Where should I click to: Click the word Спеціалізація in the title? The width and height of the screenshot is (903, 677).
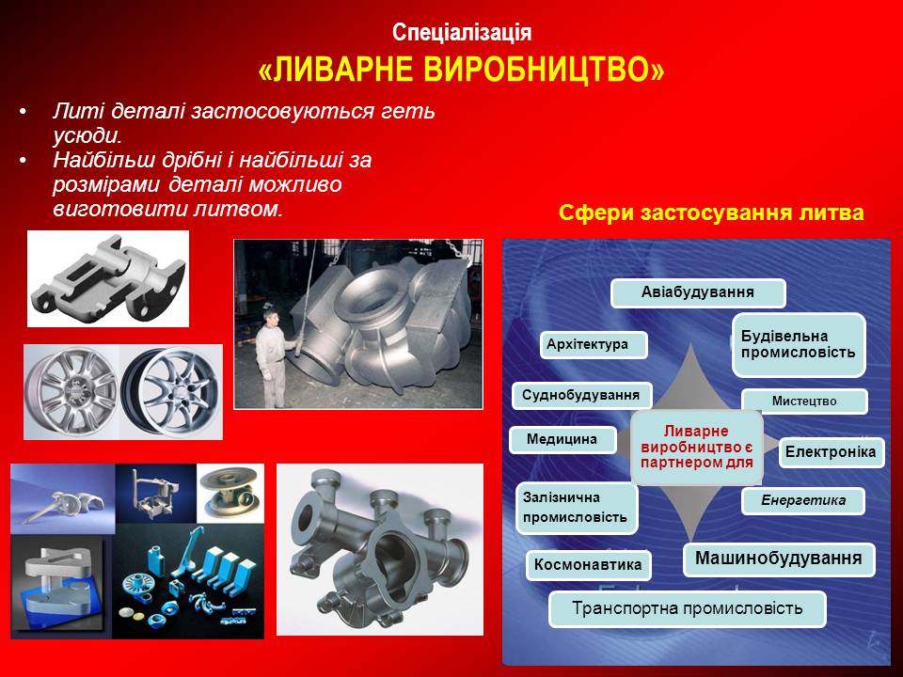click(461, 32)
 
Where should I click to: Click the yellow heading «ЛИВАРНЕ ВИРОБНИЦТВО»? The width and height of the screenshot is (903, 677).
click(461, 70)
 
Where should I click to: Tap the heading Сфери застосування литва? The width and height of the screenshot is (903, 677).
click(711, 213)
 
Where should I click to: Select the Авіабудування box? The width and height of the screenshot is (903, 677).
click(698, 292)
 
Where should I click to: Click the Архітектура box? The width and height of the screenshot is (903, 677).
click(594, 345)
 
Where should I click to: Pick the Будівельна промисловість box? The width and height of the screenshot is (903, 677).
click(799, 345)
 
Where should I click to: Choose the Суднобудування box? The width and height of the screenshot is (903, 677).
click(581, 396)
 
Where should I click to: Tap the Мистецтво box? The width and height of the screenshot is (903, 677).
click(804, 401)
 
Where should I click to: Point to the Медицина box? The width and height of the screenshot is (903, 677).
click(562, 440)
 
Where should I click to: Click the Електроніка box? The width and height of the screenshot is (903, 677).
click(831, 452)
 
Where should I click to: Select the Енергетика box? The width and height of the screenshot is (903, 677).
click(803, 501)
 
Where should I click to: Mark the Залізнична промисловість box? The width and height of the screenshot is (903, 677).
click(577, 508)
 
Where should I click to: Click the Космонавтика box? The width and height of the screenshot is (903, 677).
click(589, 565)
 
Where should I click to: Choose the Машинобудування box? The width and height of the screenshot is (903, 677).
click(779, 559)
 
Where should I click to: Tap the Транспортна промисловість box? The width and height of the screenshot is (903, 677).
click(687, 608)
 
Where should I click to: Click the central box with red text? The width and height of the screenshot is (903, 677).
click(697, 447)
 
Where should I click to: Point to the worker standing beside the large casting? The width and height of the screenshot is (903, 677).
click(272, 357)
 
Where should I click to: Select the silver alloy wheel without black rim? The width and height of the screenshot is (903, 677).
click(72, 391)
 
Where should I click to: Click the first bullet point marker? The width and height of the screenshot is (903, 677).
click(23, 111)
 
